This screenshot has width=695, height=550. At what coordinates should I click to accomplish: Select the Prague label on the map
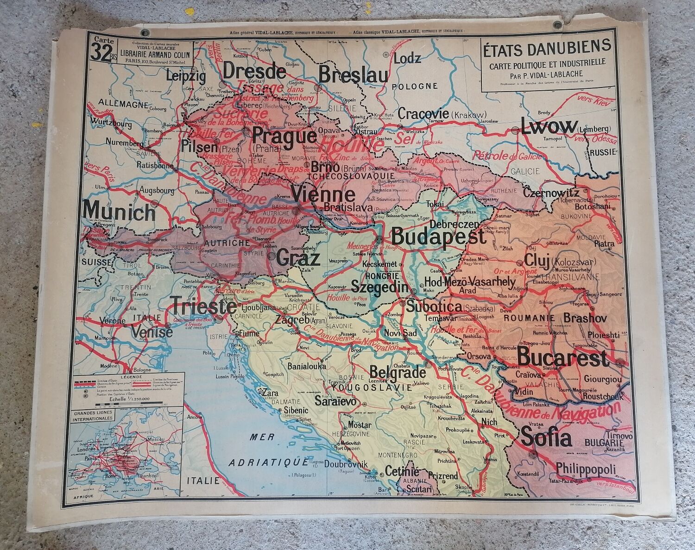tap(285, 136)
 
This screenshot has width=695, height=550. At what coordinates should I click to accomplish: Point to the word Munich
tap(120, 212)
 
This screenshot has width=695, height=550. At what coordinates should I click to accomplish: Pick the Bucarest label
tap(562, 358)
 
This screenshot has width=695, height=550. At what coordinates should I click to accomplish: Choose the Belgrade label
tap(398, 372)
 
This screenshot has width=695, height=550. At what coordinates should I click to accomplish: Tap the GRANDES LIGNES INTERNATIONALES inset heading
tap(92, 414)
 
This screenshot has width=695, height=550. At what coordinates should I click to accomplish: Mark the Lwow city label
tap(549, 127)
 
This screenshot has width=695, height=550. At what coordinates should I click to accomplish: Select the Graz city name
tap(299, 258)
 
